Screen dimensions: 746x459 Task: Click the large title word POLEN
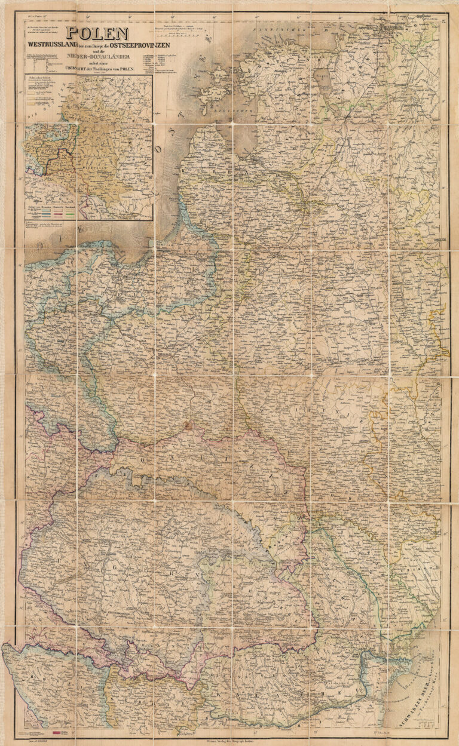tap(97, 35)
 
